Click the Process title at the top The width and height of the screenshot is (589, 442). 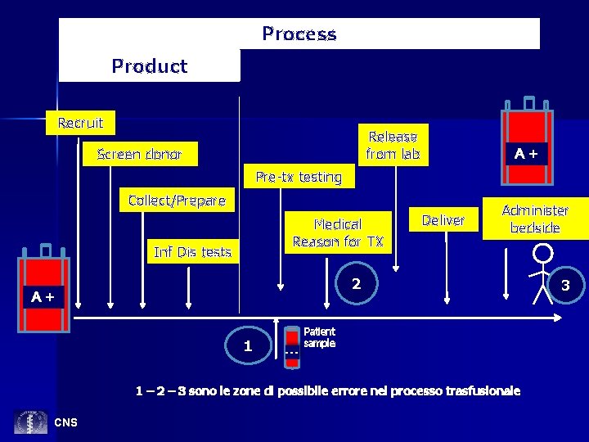click(x=299, y=34)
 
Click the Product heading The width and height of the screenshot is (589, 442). click(x=150, y=66)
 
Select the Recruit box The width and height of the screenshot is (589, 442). click(x=80, y=123)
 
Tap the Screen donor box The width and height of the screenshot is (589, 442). click(x=139, y=154)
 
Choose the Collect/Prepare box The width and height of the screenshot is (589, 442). click(x=177, y=201)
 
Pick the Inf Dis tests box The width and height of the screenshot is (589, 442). click(x=192, y=252)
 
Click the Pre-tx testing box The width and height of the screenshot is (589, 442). click(x=298, y=176)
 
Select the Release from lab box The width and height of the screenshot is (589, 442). click(x=393, y=145)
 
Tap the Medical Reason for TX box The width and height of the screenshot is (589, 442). click(x=338, y=232)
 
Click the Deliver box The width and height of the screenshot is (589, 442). click(x=443, y=220)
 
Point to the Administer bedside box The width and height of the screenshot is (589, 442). click(x=535, y=219)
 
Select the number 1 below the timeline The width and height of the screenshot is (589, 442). click(x=247, y=346)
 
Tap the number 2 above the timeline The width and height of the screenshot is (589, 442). click(x=356, y=285)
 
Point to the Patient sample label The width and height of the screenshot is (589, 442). click(x=319, y=337)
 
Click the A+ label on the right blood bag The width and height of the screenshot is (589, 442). click(x=525, y=153)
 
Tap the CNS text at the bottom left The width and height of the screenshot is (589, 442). click(x=65, y=422)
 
